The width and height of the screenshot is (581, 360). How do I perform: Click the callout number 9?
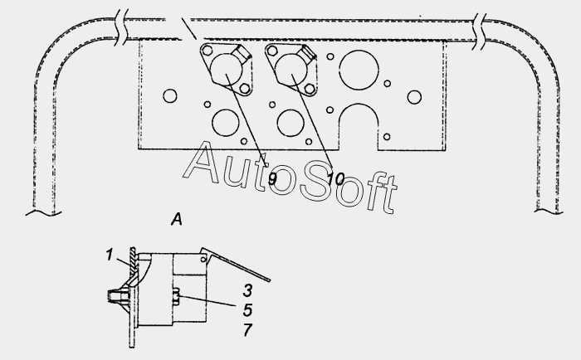[272, 180]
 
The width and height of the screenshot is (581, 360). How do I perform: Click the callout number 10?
[335, 180]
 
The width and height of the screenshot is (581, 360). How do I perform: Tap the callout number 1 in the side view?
[109, 255]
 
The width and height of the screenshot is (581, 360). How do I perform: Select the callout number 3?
[248, 290]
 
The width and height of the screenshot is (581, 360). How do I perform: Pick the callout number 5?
[248, 310]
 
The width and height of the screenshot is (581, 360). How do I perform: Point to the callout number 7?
[248, 329]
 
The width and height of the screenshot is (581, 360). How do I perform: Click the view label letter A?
[177, 219]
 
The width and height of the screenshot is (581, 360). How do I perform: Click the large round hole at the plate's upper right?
[359, 70]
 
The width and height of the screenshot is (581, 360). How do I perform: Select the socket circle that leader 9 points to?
[227, 69]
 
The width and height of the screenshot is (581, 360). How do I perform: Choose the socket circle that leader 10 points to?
[291, 69]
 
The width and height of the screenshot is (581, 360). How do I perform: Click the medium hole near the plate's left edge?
[170, 96]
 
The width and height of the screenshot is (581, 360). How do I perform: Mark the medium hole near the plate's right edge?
[414, 97]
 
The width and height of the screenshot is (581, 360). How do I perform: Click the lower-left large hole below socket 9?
[226, 123]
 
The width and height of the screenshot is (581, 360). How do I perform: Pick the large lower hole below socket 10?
[290, 123]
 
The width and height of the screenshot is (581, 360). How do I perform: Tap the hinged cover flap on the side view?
[236, 265]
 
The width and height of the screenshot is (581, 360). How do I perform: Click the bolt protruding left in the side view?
[117, 296]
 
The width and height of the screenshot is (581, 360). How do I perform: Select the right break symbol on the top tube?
[480, 32]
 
